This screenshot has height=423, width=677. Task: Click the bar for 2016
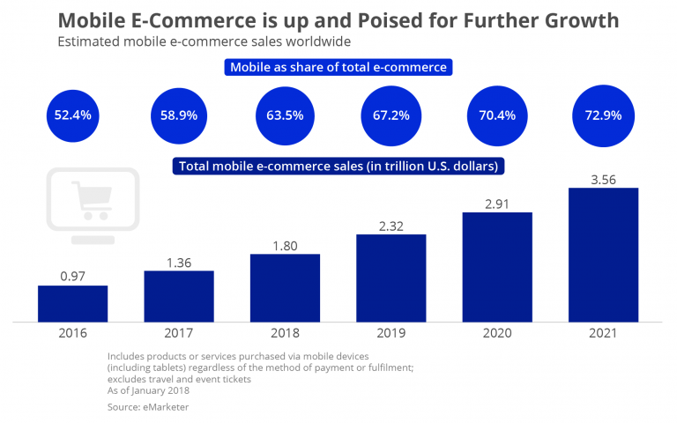(72, 303)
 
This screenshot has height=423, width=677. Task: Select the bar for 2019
(391, 278)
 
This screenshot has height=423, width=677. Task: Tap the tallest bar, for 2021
(603, 255)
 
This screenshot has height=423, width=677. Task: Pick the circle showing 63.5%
(285, 115)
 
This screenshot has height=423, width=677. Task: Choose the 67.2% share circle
(391, 115)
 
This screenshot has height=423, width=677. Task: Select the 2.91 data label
(497, 203)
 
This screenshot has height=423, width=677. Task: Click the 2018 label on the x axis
(285, 334)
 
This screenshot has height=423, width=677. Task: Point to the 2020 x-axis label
(497, 334)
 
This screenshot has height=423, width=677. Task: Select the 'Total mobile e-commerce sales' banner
(338, 166)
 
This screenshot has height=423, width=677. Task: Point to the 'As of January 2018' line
(150, 390)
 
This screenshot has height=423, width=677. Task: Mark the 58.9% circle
(179, 115)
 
